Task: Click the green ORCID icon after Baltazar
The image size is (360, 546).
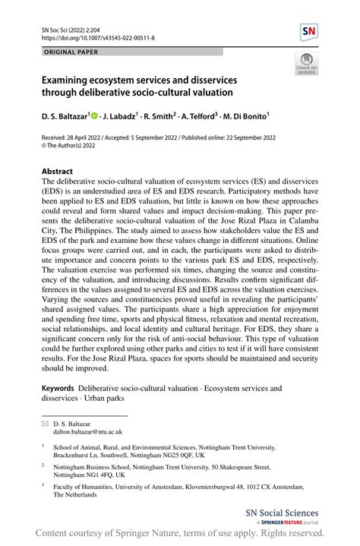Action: click(95, 117)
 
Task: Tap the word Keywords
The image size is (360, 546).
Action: click(58, 388)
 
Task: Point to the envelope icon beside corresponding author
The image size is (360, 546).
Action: click(46, 421)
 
